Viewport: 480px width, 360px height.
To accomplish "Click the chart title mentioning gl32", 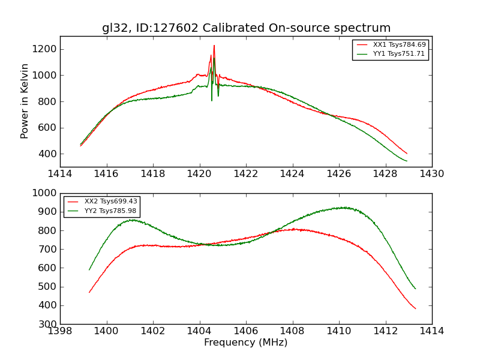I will coord(246,28).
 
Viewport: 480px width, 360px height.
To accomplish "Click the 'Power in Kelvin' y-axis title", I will coord(25,101).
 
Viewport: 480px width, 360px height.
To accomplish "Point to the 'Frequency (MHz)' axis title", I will coord(246,343).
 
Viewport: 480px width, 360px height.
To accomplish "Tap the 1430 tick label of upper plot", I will coord(431,174).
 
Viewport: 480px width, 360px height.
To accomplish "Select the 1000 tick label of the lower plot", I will coord(46,193).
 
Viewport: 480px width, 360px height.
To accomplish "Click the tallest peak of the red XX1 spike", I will coord(214,46).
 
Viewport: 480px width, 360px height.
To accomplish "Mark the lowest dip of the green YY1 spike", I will coord(212,100).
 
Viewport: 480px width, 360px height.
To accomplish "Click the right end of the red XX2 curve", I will coord(415,308).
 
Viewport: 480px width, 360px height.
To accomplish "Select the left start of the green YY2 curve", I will coord(89,270).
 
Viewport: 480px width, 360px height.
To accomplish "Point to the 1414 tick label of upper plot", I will coord(60,174).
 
